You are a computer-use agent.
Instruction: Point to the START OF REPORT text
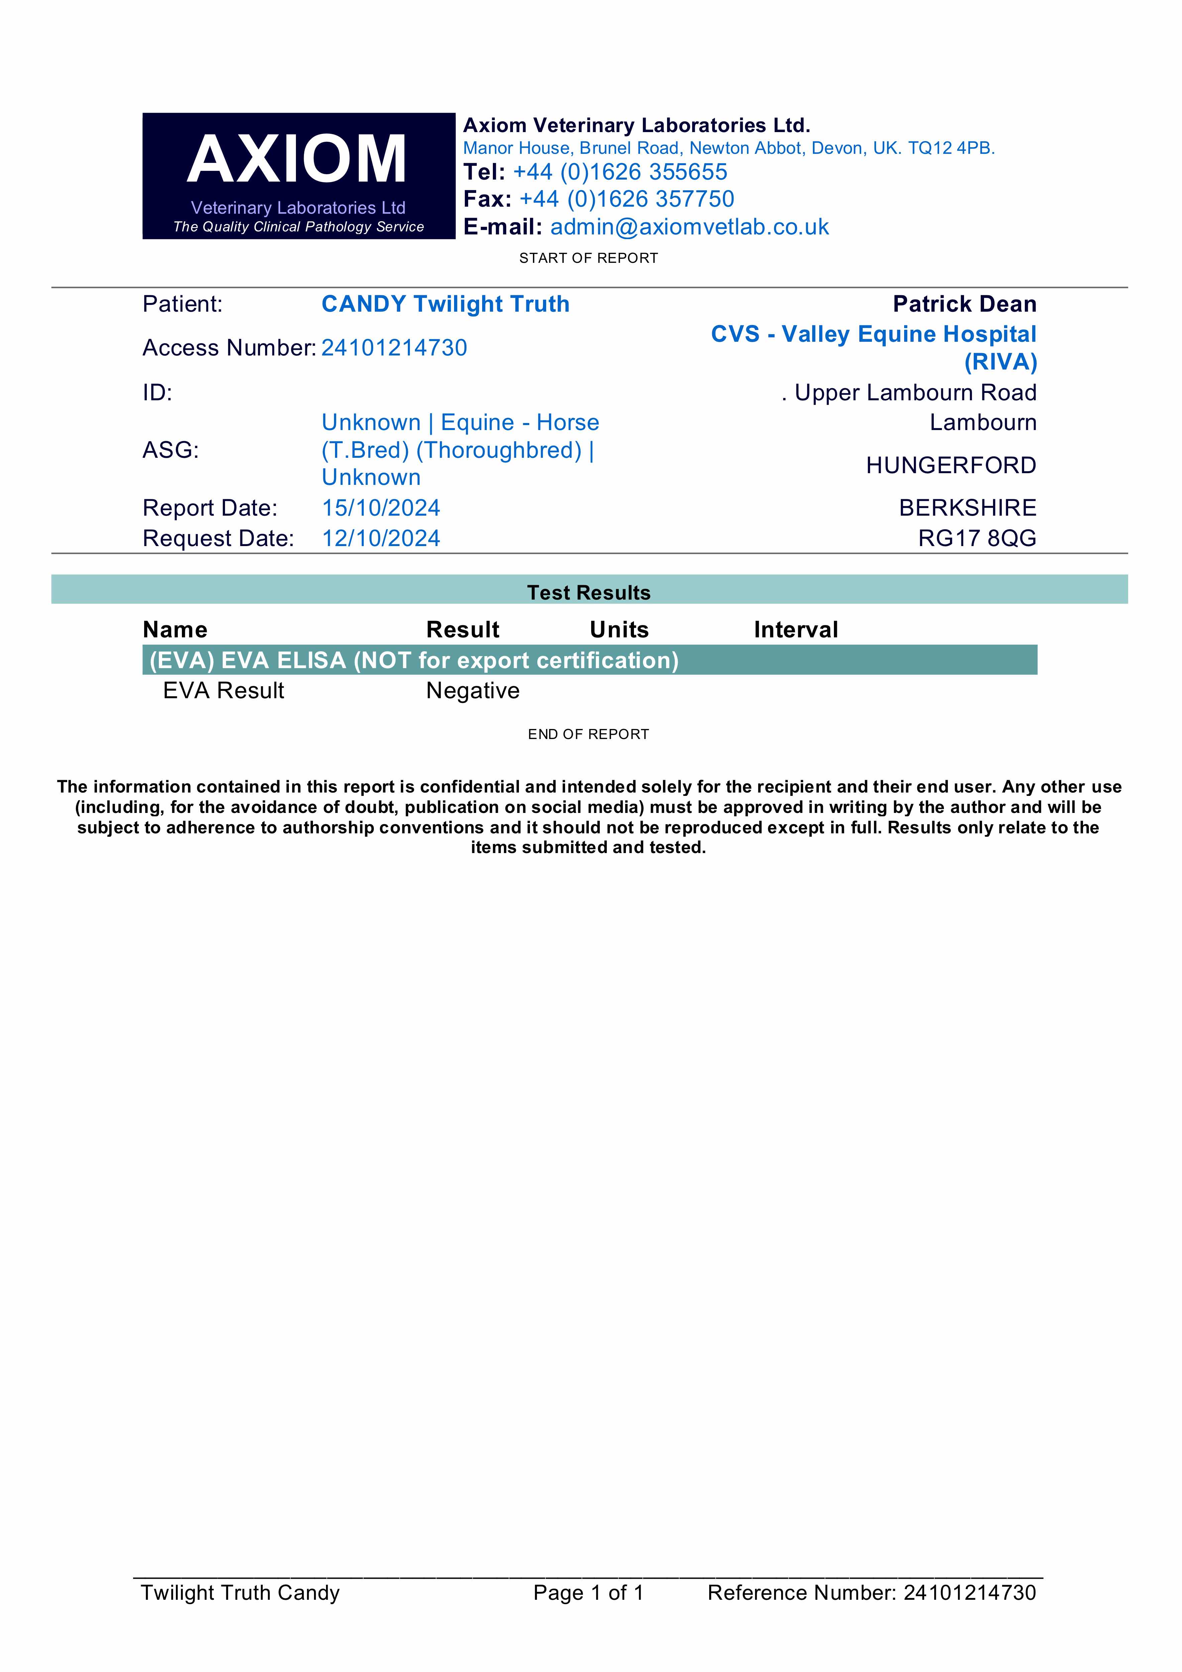588,258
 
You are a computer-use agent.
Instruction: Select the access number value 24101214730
394,348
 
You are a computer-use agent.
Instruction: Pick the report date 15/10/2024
381,508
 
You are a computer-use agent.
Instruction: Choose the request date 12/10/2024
381,538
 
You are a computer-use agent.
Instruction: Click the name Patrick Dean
964,304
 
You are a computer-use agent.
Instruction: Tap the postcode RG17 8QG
977,538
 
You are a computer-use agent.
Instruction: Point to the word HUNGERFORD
950,465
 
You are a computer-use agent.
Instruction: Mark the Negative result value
473,690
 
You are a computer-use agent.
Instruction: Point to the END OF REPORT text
588,734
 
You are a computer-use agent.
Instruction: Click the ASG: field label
171,450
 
